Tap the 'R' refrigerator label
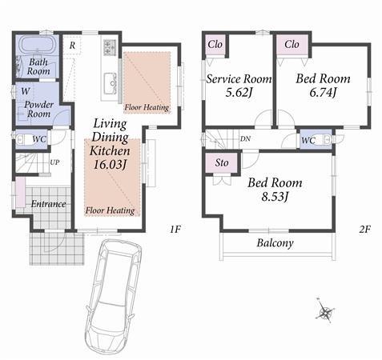point(73,45)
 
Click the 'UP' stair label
point(54,162)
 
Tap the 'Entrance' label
point(49,203)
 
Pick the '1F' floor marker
point(175,230)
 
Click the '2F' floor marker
point(364,230)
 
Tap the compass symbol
point(325,312)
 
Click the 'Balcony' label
point(275,243)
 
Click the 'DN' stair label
point(244,138)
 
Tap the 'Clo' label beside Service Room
point(215,44)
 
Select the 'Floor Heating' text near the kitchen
point(147,106)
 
